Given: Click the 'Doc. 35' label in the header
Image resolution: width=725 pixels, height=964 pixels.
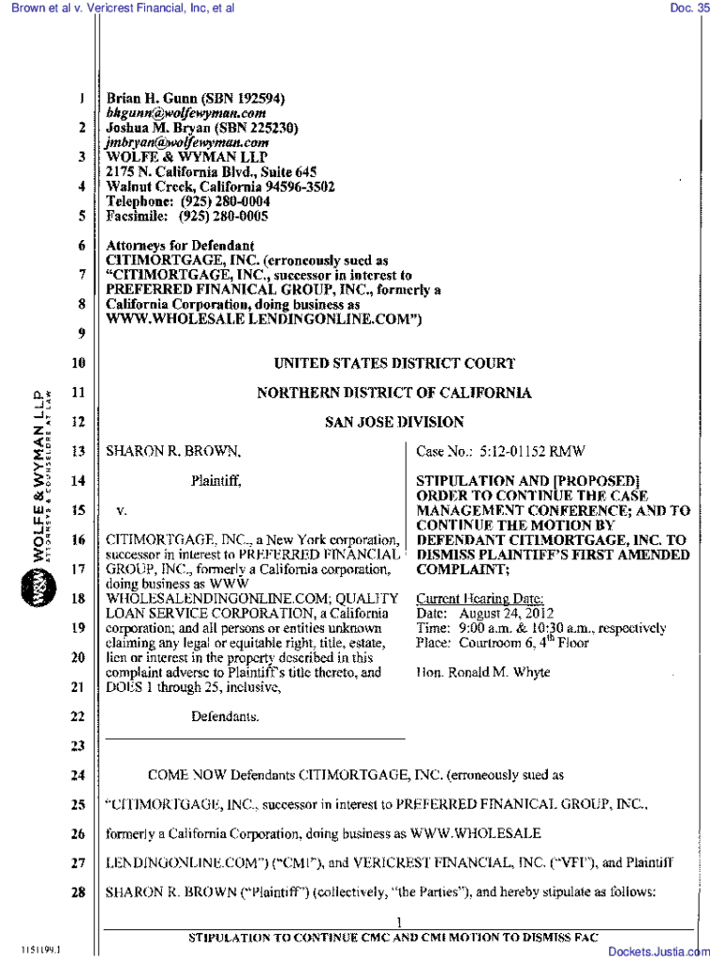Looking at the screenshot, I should [x=689, y=8].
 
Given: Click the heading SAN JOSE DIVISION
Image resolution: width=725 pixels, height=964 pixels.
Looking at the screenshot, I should [x=394, y=423].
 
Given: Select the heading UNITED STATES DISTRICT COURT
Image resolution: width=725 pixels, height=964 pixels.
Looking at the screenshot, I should [x=394, y=363].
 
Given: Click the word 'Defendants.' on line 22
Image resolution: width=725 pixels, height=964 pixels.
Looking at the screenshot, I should [x=226, y=717].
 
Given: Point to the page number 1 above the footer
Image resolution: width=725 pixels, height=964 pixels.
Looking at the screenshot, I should [x=400, y=921].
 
